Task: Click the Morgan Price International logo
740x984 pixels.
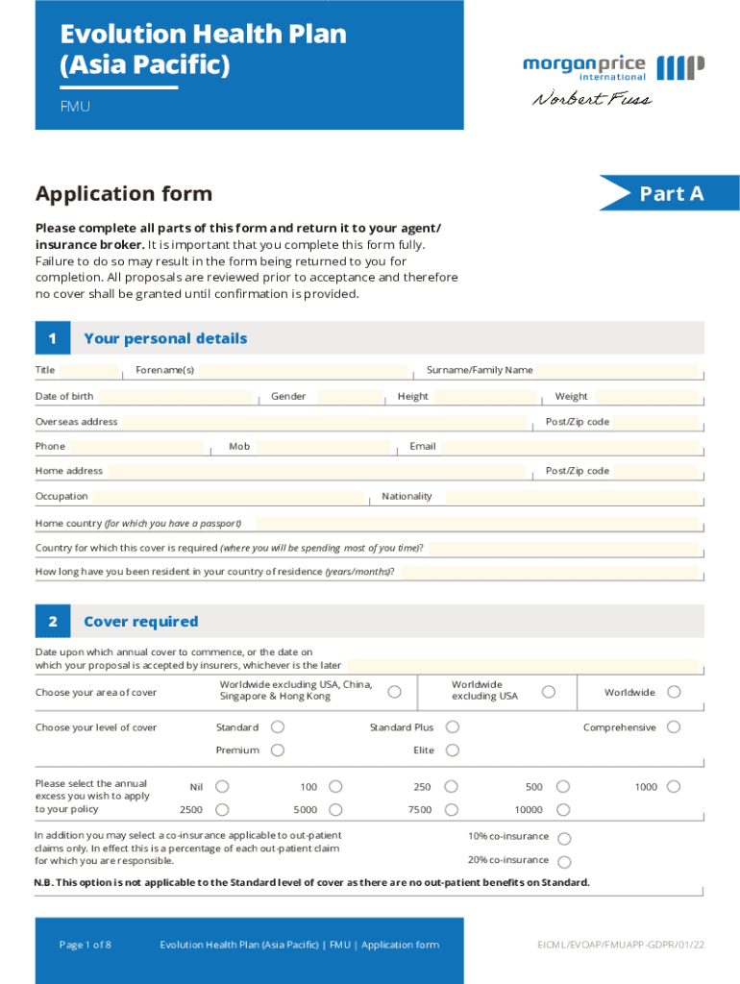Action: coord(613,67)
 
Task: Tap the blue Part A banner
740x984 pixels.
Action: coord(671,193)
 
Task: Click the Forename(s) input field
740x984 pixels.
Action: coord(304,371)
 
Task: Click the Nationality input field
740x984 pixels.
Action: coord(571,497)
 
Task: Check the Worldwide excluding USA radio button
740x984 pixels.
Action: coord(548,692)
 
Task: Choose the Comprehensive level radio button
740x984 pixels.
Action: coord(674,727)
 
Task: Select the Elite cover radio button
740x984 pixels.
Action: coord(453,750)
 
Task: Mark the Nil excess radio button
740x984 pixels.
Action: coord(222,787)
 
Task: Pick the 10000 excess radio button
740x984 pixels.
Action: coord(564,810)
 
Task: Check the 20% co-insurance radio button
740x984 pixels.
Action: coord(564,862)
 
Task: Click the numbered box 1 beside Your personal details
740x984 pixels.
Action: coord(52,338)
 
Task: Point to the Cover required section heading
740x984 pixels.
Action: coord(141,622)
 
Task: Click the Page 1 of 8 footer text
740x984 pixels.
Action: coord(86,945)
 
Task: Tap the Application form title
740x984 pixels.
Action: coord(124,194)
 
